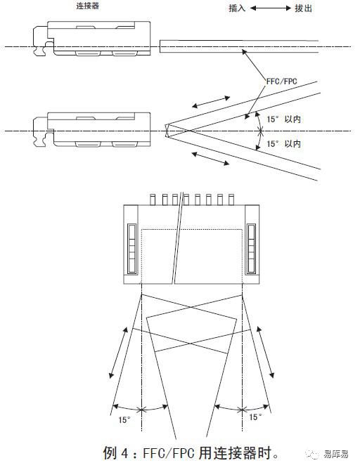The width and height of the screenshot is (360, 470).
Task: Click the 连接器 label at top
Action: [x=87, y=6]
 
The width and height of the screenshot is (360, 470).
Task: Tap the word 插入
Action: [x=237, y=8]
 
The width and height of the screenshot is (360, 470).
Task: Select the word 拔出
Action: [x=304, y=8]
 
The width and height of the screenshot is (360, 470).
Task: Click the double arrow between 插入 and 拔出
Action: [x=271, y=8]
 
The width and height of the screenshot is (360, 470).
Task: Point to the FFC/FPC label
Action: [x=282, y=81]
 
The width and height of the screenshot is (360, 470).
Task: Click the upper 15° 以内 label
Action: [x=284, y=119]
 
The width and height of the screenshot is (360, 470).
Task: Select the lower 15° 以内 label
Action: [x=284, y=144]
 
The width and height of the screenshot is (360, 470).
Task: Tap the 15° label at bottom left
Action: [x=124, y=419]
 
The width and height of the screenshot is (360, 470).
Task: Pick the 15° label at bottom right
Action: [x=255, y=417]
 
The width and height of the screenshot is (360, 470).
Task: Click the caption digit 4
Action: [x=124, y=453]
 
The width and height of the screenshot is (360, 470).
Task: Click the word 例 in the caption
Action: [x=109, y=453]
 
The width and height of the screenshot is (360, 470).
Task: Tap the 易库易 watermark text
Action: [x=336, y=454]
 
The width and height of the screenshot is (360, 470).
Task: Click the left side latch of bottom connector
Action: [x=131, y=249]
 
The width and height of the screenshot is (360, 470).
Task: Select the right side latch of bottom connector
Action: [x=252, y=249]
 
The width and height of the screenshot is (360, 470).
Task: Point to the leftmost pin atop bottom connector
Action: [x=153, y=200]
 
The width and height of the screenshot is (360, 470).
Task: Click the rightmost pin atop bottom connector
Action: [x=231, y=200]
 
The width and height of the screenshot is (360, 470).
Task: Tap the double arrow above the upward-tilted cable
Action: [x=211, y=102]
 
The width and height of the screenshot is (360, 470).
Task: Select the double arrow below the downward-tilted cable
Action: [x=211, y=159]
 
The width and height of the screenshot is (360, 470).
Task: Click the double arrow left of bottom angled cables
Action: [x=118, y=353]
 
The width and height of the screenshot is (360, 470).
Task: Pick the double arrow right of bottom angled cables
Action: [x=265, y=352]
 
